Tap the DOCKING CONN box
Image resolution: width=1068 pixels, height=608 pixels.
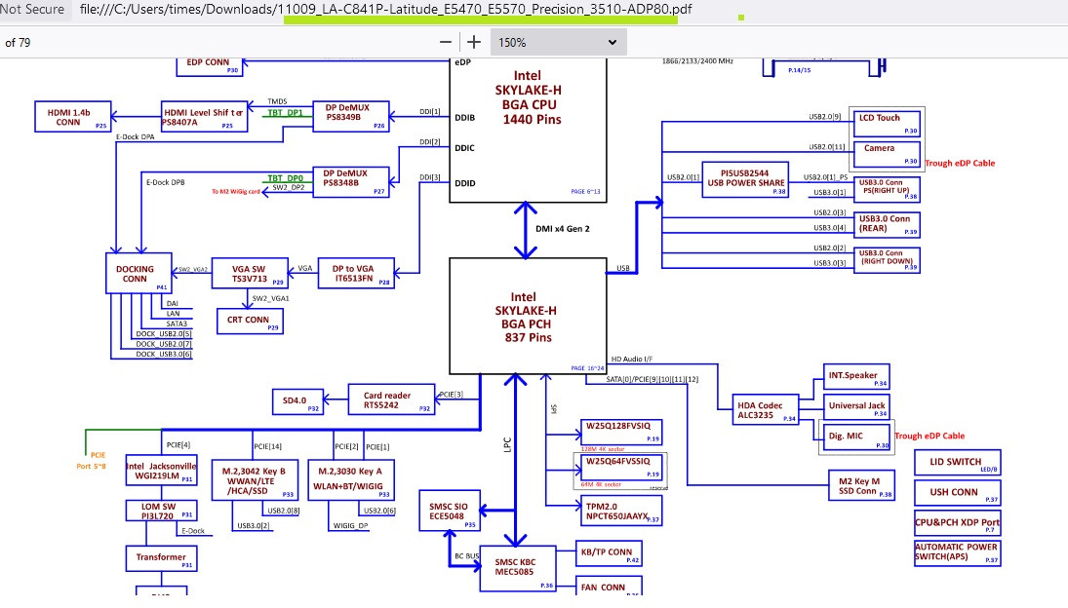137,272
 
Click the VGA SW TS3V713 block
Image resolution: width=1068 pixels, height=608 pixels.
250,272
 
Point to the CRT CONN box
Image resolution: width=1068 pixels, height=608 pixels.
250,321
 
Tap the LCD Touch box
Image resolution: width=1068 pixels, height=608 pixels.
886,122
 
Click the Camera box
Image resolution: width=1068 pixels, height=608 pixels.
886,153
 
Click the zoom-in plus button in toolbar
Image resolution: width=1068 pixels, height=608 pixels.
474,42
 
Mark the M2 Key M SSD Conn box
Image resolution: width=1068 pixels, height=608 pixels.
859,487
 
